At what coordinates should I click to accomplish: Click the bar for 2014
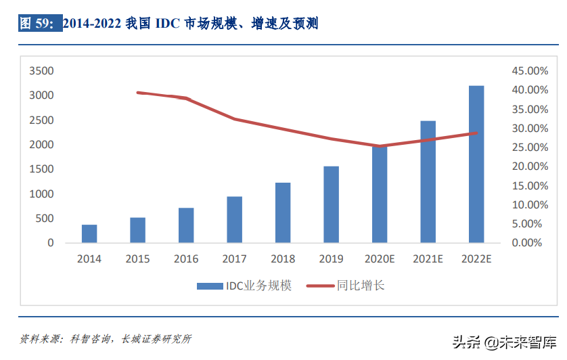(89, 233)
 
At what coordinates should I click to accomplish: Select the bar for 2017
(234, 219)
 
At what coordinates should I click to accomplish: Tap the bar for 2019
(331, 204)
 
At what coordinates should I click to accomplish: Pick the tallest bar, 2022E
(476, 164)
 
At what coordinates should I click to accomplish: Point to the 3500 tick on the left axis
(41, 71)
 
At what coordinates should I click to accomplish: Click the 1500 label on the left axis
(41, 169)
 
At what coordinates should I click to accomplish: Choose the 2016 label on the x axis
(186, 259)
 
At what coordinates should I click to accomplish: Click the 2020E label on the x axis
(380, 259)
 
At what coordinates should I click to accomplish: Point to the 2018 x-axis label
(283, 259)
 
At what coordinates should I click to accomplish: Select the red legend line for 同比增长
(319, 286)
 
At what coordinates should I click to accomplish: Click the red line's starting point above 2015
(137, 93)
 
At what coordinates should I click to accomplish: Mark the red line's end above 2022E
(476, 133)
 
